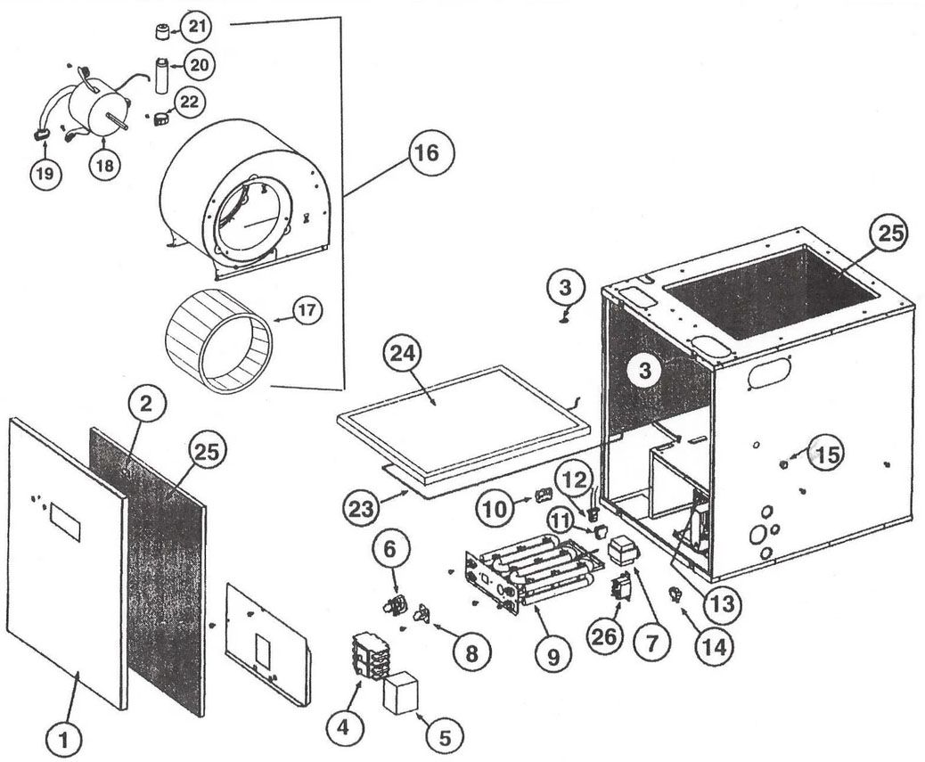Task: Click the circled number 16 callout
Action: click(x=425, y=152)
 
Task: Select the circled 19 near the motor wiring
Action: click(x=45, y=174)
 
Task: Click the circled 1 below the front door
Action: click(x=63, y=737)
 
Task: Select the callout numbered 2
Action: click(x=147, y=404)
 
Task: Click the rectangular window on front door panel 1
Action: click(x=64, y=521)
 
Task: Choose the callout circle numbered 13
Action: click(x=721, y=603)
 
